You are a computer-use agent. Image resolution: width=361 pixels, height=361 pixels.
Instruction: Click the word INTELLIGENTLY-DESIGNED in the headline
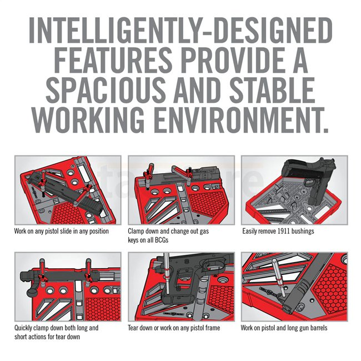tap(180, 31)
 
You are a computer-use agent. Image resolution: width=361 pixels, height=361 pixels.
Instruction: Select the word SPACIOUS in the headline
tap(106, 90)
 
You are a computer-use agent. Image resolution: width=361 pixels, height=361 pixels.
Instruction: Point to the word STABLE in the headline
tap(272, 90)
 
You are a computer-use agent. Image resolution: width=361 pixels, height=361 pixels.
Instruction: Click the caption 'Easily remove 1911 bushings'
tap(278, 231)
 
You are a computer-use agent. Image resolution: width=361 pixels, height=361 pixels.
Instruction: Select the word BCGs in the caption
tap(162, 240)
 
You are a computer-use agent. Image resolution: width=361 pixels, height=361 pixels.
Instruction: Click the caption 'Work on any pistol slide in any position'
tap(62, 231)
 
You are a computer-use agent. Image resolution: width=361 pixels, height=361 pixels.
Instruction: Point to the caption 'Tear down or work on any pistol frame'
tap(174, 328)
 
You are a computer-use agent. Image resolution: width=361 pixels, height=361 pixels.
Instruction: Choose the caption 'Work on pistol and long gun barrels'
tap(284, 328)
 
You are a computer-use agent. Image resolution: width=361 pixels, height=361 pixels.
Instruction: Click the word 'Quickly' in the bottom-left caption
tap(23, 328)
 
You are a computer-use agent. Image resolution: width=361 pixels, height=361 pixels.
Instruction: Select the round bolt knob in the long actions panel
tap(32, 292)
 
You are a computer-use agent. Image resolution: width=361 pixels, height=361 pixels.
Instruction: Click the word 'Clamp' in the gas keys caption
tap(136, 231)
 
